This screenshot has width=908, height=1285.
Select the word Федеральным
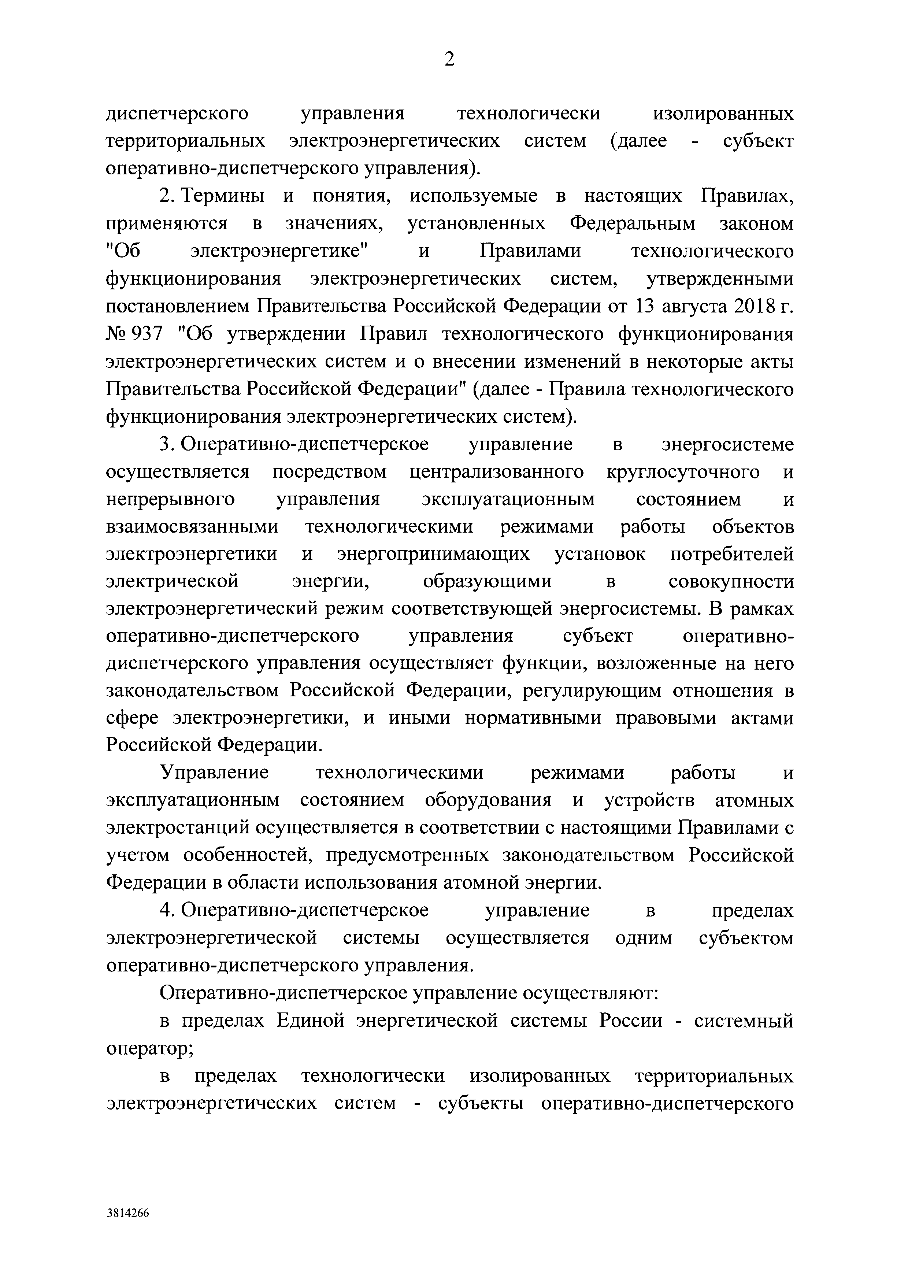[x=632, y=223]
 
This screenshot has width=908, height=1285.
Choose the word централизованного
[x=496, y=472]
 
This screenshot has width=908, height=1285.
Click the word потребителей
[x=731, y=554]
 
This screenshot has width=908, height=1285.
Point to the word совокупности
[x=731, y=581]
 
